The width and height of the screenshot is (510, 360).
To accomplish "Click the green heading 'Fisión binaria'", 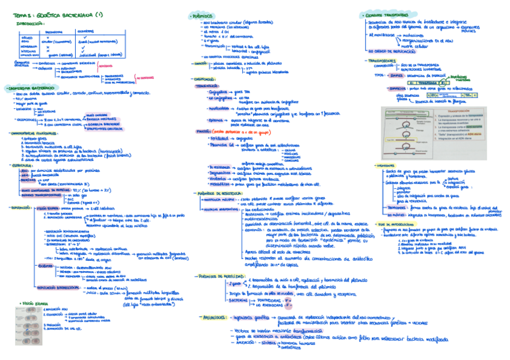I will (33, 304).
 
